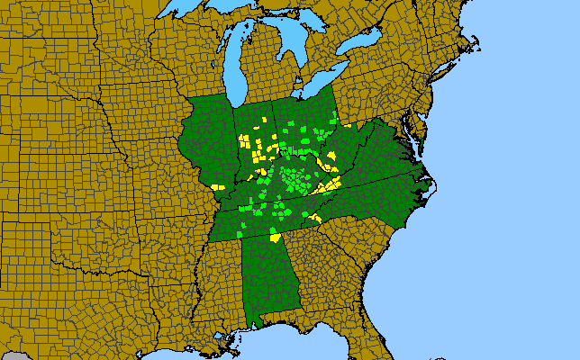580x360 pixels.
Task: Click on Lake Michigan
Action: (x=235, y=67)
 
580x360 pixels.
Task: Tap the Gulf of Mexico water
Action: (x=270, y=346)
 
